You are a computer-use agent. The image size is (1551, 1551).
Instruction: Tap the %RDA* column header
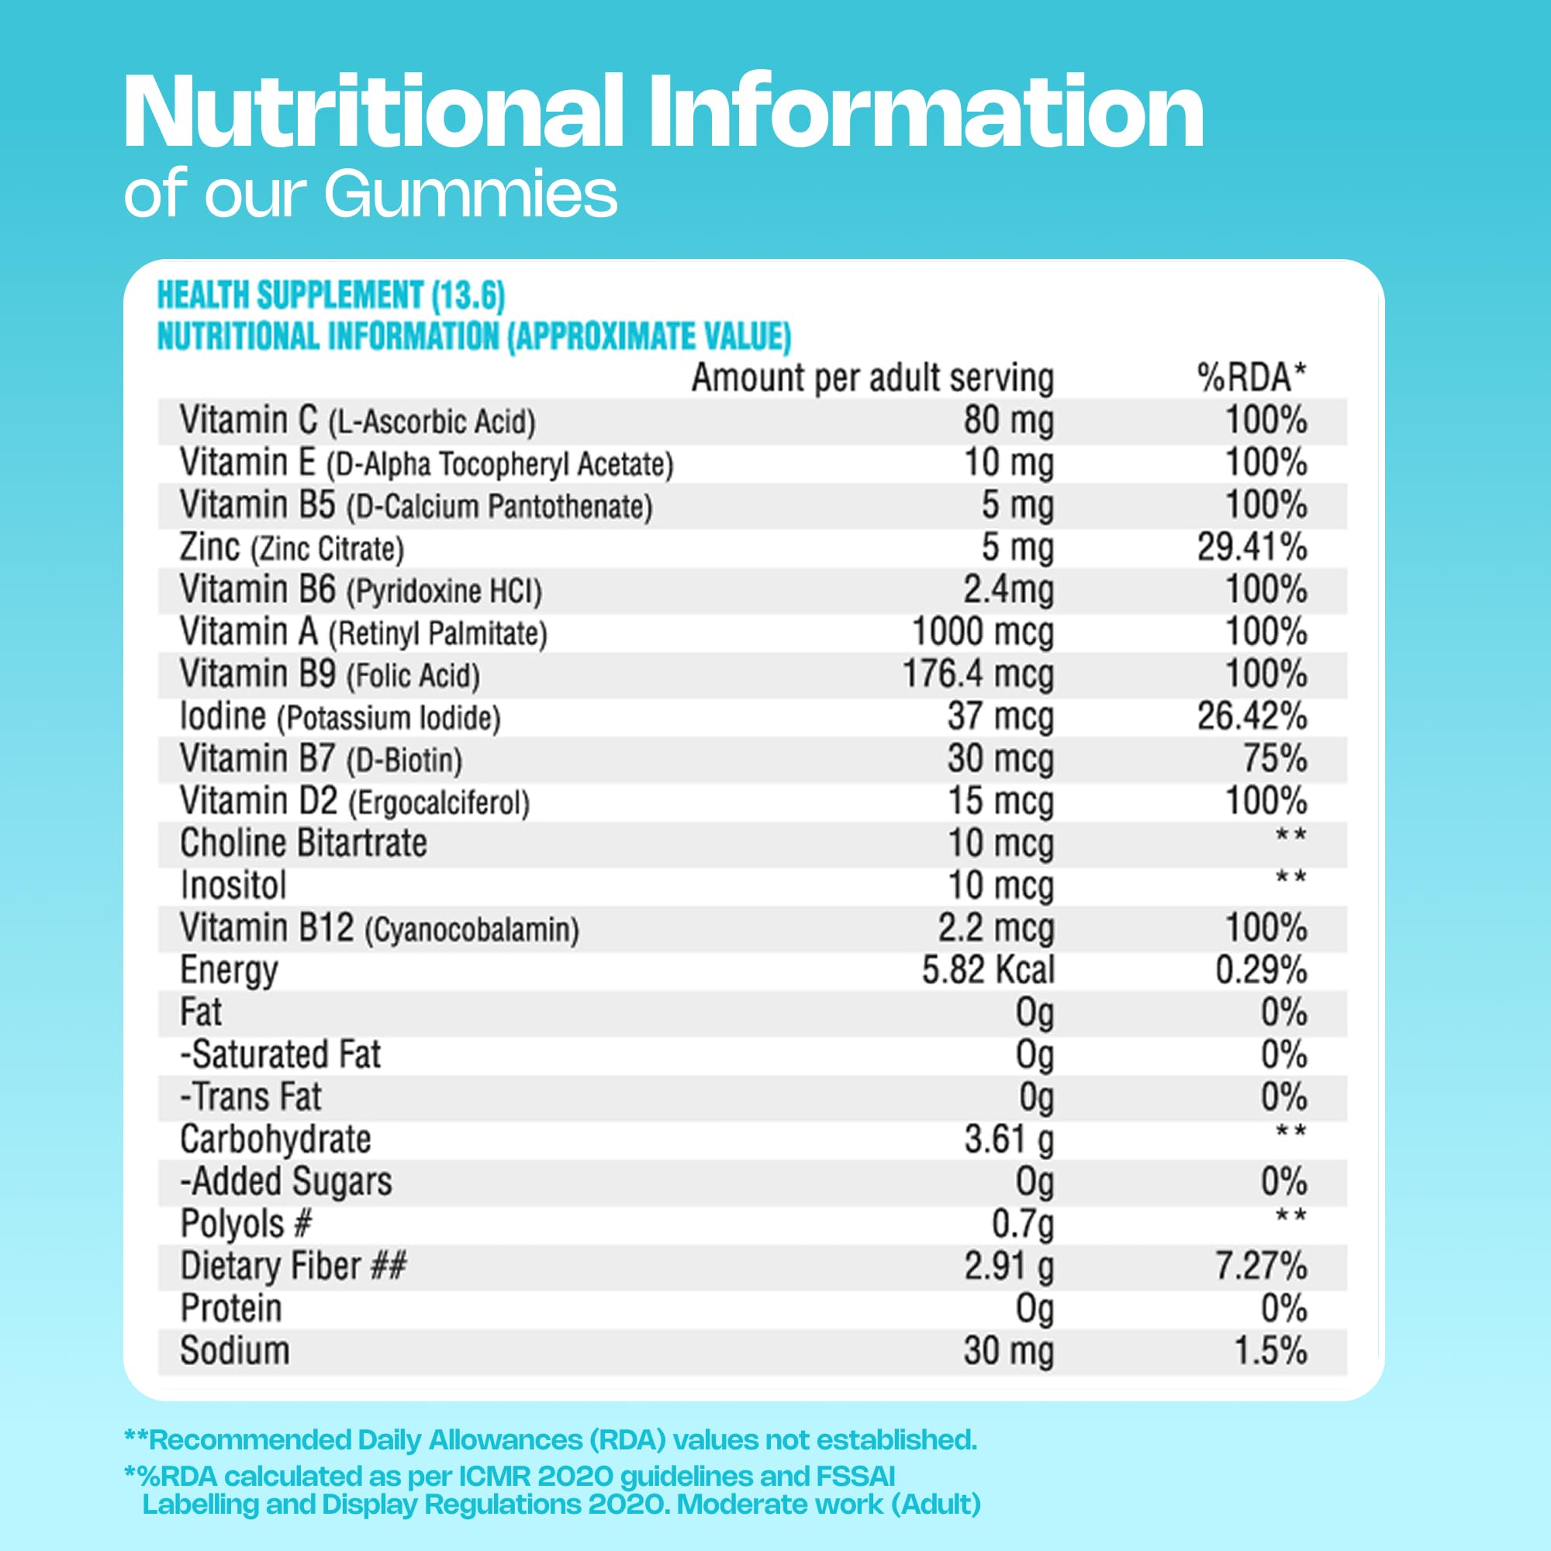point(1252,378)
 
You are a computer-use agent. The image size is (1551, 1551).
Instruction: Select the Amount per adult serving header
point(872,378)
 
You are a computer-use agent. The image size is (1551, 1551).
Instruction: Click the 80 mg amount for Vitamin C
point(1008,420)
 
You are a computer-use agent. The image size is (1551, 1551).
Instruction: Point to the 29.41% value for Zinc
point(1252,548)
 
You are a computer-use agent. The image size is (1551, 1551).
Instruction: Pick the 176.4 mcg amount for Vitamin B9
point(978,675)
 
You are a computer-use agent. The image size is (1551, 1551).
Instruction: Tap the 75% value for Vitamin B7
point(1275,758)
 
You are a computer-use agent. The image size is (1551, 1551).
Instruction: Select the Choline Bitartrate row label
point(303,844)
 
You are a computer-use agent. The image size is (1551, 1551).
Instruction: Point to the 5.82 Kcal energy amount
point(987,971)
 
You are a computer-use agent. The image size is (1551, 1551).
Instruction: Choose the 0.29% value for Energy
point(1260,971)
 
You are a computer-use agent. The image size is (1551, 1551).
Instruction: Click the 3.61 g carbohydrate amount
point(1008,1140)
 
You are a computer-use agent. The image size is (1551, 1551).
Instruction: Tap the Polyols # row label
point(246,1225)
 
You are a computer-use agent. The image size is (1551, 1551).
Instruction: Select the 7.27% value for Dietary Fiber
point(1260,1267)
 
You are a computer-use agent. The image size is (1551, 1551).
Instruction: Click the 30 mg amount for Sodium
point(1008,1351)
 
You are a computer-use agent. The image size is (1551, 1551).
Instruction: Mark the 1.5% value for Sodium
point(1270,1351)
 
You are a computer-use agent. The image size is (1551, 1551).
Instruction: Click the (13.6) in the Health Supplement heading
point(468,296)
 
